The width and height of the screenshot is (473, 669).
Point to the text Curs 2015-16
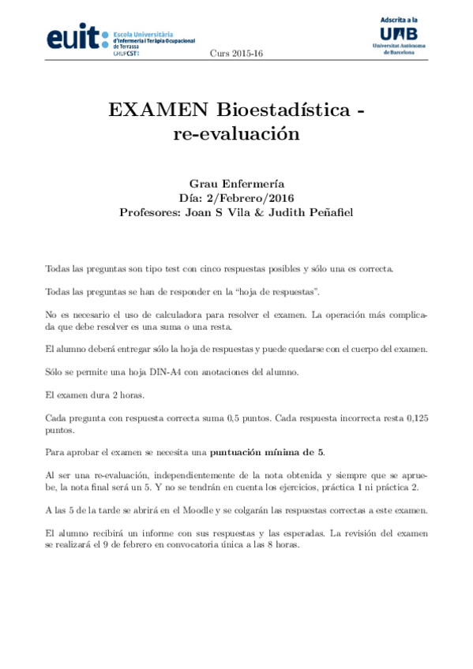click(236, 54)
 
